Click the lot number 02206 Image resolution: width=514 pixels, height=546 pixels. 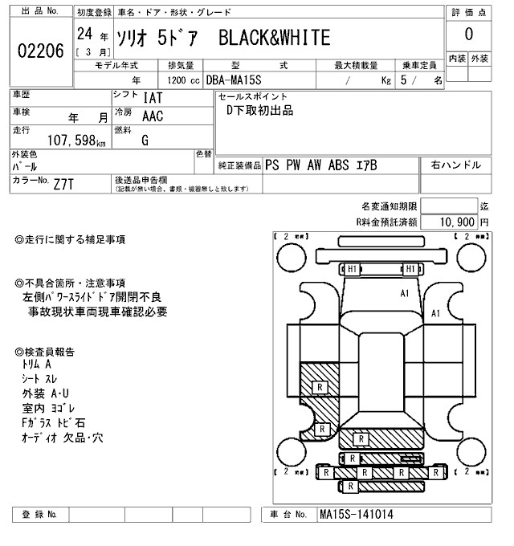coord(40,51)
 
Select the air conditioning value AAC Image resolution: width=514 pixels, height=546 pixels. coord(153,116)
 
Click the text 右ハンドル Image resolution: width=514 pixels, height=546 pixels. coord(456,165)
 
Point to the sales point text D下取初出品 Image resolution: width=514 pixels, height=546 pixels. coord(259,111)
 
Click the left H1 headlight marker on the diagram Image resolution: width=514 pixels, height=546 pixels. coord(352,268)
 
